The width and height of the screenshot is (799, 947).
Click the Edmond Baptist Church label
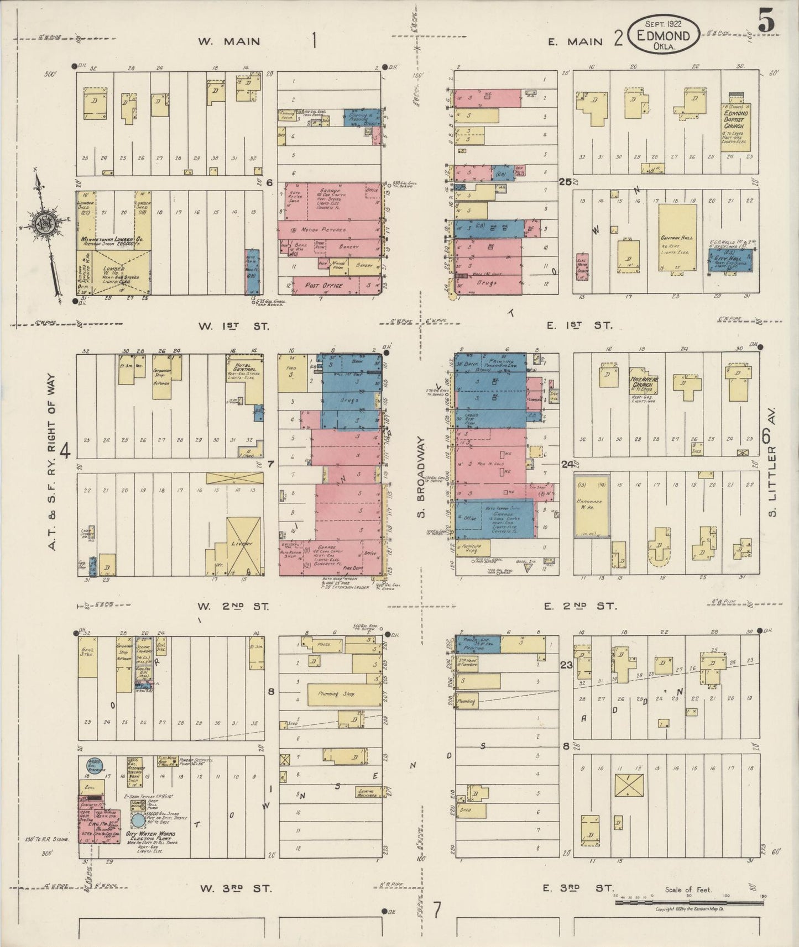pos(737,118)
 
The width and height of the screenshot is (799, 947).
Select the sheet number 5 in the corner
pos(766,22)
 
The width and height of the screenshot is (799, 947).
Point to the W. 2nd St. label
pos(233,606)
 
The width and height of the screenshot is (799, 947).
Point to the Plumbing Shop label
pos(336,694)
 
